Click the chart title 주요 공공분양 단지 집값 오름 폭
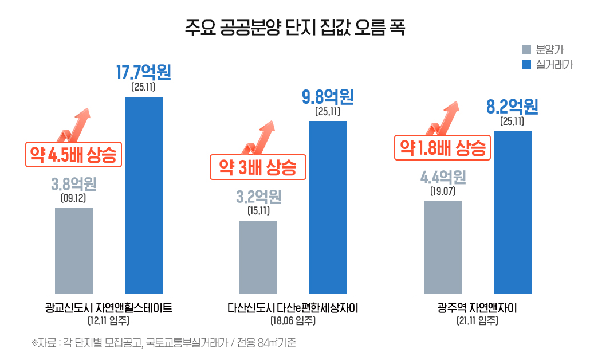tap(295, 27)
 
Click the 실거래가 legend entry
tap(547, 64)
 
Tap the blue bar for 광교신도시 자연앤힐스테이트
tap(144, 195)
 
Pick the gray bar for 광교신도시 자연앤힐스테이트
tap(74, 250)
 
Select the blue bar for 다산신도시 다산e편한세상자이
tap(328, 207)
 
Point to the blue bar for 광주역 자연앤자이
tap(512, 212)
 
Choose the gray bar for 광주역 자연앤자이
tap(443, 247)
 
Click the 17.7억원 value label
tap(143, 73)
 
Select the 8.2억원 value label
tap(512, 107)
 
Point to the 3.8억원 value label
tap(73, 185)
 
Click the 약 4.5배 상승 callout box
tap(73, 154)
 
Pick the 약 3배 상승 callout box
tap(258, 167)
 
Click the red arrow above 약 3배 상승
tap(261, 136)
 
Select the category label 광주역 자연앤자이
tap(477, 308)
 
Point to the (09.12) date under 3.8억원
tap(73, 198)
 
